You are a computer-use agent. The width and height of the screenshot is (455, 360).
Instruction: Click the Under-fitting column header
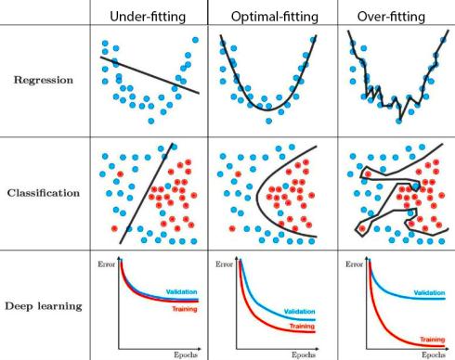point(148,17)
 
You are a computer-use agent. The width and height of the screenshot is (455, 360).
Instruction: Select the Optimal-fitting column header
point(275,17)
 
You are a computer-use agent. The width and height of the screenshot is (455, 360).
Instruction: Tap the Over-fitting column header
point(391,17)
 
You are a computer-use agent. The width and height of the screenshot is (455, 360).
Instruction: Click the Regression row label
point(44,80)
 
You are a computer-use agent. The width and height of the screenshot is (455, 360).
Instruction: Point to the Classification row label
point(44,193)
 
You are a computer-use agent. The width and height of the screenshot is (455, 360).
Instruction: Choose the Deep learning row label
point(44,306)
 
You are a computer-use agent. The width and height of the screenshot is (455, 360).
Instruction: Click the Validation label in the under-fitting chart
point(181,291)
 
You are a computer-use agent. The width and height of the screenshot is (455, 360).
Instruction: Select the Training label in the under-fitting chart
point(185,309)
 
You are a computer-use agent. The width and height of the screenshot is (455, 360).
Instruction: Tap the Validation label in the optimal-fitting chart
point(299,312)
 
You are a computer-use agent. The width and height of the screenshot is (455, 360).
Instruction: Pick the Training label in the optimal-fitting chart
point(302,326)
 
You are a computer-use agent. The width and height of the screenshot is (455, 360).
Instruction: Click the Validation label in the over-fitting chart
point(429,292)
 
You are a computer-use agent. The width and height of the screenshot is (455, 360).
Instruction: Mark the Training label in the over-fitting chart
point(433,340)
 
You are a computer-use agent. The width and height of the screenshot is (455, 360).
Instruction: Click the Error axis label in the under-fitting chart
point(107,264)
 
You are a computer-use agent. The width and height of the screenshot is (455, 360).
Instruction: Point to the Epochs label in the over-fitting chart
point(434,354)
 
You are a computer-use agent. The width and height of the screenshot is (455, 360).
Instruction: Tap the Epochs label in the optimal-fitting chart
point(304,354)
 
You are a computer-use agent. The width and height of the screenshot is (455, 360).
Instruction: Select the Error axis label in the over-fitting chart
point(355,264)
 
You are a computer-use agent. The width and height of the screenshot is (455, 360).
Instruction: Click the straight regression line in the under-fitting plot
point(149,75)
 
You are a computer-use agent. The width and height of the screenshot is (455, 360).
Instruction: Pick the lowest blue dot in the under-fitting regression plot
point(151,121)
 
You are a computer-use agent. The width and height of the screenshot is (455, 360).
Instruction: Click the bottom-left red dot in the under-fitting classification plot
point(114,228)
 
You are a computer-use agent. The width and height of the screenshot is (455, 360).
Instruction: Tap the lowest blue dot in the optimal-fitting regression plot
point(269,121)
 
